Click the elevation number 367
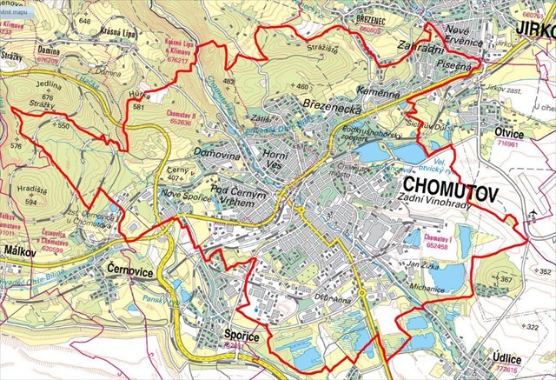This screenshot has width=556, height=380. tap(506, 279)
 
